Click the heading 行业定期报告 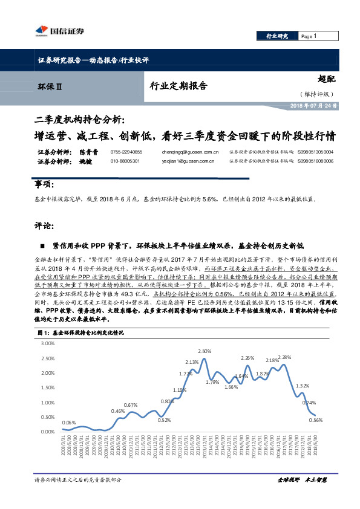(178, 86)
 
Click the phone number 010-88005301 (125, 161)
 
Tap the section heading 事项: (45, 184)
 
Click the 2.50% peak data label (205, 351)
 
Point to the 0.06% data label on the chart (69, 423)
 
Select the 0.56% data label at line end (315, 420)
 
